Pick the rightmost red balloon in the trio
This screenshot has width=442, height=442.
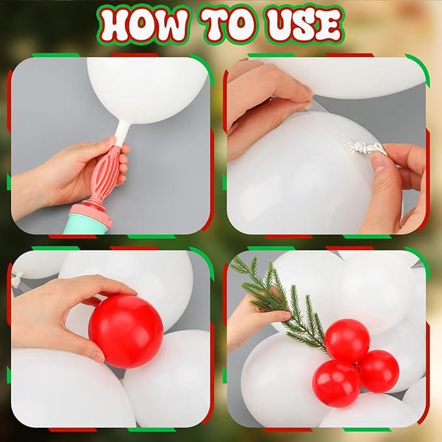tap(378, 371)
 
